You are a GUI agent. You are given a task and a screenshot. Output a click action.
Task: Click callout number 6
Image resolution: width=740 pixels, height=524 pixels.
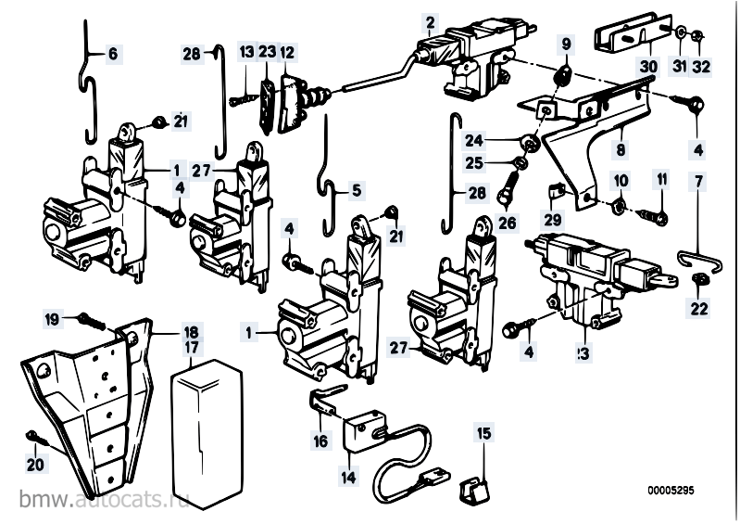click(113, 55)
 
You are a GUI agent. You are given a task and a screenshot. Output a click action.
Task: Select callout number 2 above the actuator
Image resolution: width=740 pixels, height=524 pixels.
click(430, 20)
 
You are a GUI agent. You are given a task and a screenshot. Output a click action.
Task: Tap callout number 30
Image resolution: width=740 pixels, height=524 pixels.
click(648, 67)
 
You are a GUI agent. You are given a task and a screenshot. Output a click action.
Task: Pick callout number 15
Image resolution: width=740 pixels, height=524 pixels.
click(483, 433)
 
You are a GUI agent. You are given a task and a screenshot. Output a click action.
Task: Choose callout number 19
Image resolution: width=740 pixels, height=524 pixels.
click(53, 320)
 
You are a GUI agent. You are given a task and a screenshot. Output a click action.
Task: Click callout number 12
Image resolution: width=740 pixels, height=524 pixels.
click(287, 53)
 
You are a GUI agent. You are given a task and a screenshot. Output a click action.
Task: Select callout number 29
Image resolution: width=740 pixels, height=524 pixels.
click(553, 219)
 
